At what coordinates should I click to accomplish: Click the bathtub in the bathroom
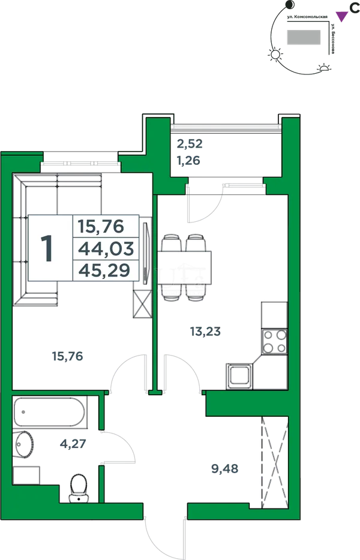(50, 412)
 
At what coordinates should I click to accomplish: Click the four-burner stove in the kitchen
(274, 341)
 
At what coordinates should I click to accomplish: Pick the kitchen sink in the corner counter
(239, 376)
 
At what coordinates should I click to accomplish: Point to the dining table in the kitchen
(184, 267)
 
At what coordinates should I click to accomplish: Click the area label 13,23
(206, 332)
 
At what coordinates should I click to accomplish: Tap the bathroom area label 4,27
(73, 444)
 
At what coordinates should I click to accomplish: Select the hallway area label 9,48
(225, 469)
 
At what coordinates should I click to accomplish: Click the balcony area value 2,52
(190, 144)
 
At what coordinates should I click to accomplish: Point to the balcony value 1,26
(188, 161)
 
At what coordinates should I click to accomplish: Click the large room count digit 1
(47, 249)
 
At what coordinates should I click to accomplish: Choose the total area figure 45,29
(104, 271)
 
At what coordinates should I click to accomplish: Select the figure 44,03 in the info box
(106, 249)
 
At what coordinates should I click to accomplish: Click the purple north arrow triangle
(342, 16)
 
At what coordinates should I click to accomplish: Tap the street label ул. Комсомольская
(308, 17)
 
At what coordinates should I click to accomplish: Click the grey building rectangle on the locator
(304, 37)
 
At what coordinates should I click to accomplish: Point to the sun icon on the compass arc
(275, 55)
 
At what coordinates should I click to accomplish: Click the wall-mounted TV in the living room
(145, 254)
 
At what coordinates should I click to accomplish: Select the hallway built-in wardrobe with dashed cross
(275, 462)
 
